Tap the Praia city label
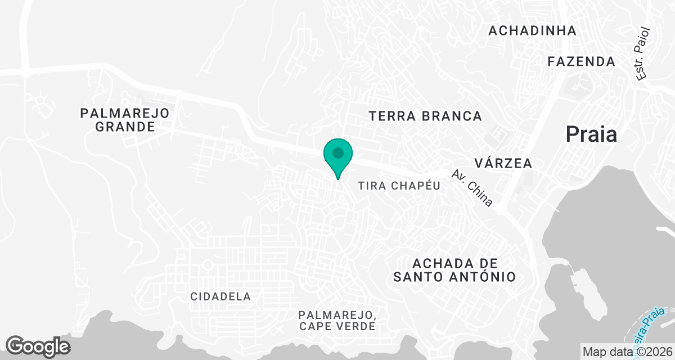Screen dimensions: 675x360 pyautogui.click(x=591, y=134)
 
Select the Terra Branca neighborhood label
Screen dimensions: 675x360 pyautogui.click(x=425, y=116)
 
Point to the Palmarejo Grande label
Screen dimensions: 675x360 pyautogui.click(x=125, y=120)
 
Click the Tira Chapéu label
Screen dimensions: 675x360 pyautogui.click(x=399, y=186)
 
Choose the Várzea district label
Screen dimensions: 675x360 pyautogui.click(x=503, y=164)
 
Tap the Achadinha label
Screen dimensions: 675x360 pyautogui.click(x=532, y=31)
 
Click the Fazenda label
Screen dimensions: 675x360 pyautogui.click(x=582, y=61)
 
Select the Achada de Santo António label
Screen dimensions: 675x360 pyautogui.click(x=454, y=270)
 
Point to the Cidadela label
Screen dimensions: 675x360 pyautogui.click(x=220, y=296)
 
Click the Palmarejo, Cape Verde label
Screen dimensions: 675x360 pyautogui.click(x=337, y=320)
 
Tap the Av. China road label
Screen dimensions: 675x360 pyautogui.click(x=472, y=188)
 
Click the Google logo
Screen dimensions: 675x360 pyautogui.click(x=38, y=346)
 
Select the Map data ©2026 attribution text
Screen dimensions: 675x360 pyautogui.click(x=628, y=352)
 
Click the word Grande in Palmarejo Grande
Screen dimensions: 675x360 pyautogui.click(x=125, y=127)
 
